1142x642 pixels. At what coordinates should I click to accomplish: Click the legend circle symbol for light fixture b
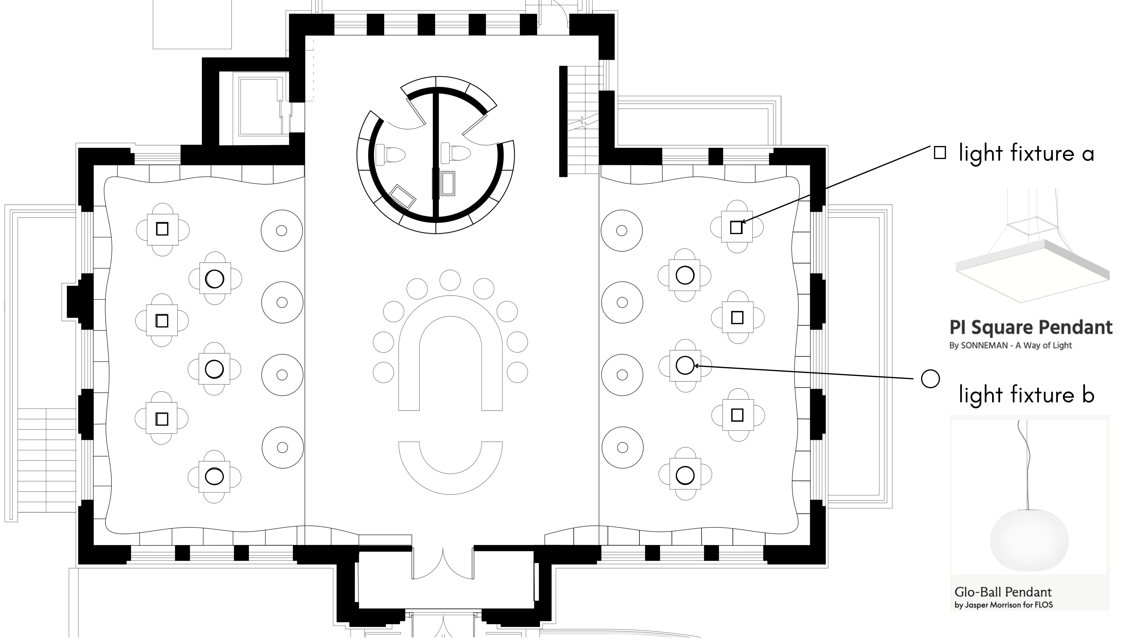(x=930, y=379)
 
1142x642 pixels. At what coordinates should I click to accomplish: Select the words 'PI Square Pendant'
(x=1031, y=328)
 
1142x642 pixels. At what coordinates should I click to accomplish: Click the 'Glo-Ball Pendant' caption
(x=1003, y=592)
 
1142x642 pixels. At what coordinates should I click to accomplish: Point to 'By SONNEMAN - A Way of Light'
(x=1010, y=346)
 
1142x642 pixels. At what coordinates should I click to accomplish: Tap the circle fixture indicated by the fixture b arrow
(x=685, y=365)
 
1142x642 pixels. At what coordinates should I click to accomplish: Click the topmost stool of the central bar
(x=450, y=280)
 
